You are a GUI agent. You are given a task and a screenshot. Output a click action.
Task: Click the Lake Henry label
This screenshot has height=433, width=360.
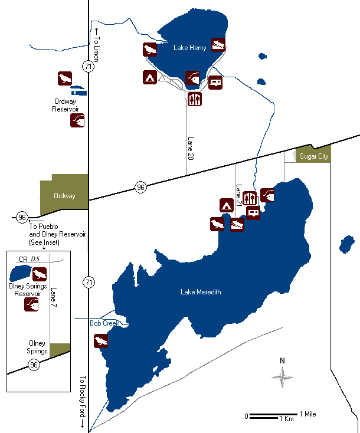coord(190,48)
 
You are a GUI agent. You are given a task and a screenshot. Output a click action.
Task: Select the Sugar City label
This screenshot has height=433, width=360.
coord(313,156)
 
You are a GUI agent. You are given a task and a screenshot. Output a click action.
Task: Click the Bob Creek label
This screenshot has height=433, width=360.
coord(104,323)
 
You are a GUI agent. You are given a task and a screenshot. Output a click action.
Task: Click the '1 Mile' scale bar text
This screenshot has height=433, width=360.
coord(307,414)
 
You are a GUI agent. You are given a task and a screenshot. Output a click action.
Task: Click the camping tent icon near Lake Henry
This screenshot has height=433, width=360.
coord(149,77)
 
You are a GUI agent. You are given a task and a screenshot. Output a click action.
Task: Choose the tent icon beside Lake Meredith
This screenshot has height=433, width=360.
coord(225,205)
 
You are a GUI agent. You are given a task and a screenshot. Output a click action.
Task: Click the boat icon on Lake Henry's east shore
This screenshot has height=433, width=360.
coord(218,44)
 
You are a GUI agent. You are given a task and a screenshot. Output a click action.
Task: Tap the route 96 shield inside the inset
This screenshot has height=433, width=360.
coord(34,365)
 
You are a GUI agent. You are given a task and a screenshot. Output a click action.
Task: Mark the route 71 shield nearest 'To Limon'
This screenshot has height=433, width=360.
coord(89,67)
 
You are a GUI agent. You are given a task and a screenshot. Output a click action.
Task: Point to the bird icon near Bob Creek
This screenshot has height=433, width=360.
coord(101,342)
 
